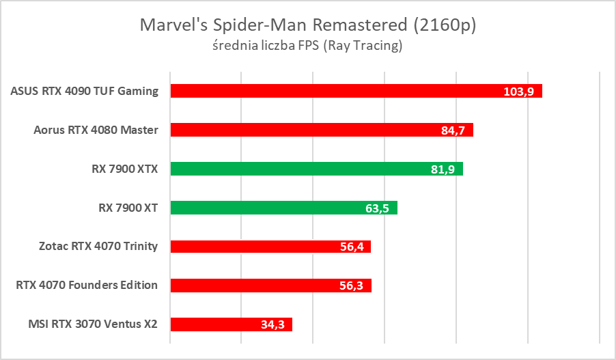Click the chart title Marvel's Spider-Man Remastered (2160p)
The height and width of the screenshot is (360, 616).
click(x=307, y=25)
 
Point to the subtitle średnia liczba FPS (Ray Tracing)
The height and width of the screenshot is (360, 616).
click(x=307, y=46)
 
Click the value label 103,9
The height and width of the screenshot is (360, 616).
click(x=519, y=92)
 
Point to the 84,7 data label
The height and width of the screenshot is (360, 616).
click(x=453, y=130)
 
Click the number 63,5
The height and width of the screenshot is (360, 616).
click(x=377, y=208)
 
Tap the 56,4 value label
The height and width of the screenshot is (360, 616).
click(x=352, y=247)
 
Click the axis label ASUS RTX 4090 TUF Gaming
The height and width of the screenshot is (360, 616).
click(x=85, y=91)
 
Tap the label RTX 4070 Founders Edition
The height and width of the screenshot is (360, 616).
click(x=87, y=286)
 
